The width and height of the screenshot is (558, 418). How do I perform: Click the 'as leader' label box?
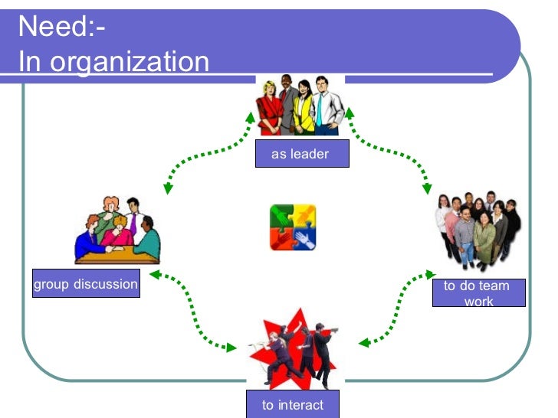coord(300,155)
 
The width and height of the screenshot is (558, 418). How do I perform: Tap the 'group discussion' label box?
coord(86,285)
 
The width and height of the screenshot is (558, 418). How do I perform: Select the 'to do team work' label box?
coord(478,293)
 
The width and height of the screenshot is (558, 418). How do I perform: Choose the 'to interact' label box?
coord(292,405)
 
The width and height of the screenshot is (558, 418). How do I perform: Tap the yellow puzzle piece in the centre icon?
coord(304,215)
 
